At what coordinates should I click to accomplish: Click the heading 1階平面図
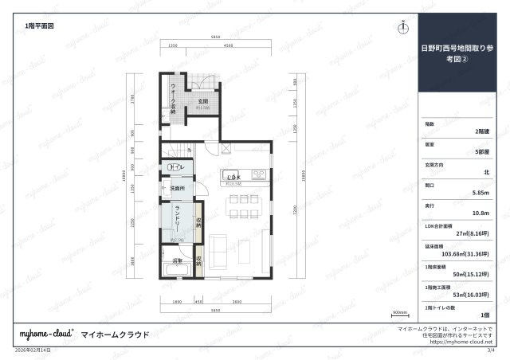(x=39, y=26)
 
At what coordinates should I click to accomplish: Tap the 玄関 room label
(x=203, y=101)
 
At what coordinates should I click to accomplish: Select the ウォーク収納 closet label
(x=173, y=98)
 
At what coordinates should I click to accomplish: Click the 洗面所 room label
(x=177, y=188)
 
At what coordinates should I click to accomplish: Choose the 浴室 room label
(x=177, y=260)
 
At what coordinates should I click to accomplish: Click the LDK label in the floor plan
(x=233, y=177)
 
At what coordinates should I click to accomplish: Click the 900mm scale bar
(x=399, y=313)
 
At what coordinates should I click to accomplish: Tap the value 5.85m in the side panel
(x=481, y=193)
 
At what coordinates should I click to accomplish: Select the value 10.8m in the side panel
(x=481, y=213)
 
